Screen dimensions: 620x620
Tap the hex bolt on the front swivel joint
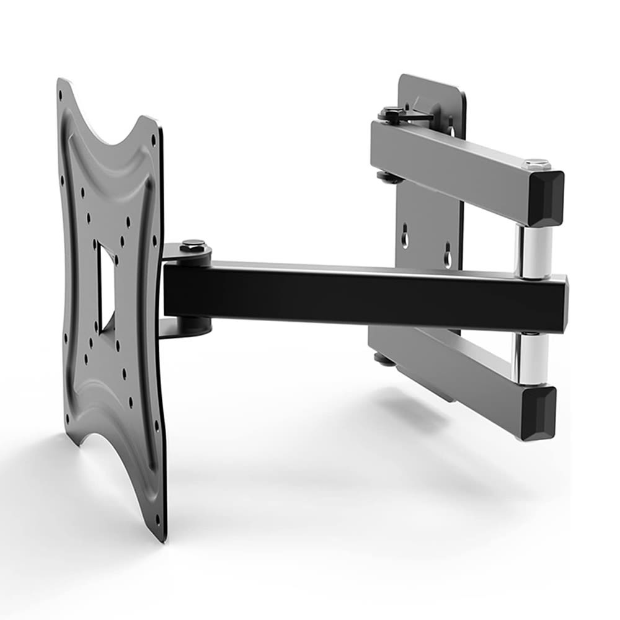(x=193, y=246)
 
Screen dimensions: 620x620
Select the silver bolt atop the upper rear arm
(x=537, y=164)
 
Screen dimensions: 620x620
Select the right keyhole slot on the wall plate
(x=448, y=254)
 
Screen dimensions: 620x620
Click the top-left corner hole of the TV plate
(x=60, y=96)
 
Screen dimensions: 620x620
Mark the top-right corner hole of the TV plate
(x=153, y=138)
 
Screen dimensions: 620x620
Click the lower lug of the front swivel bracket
(x=186, y=325)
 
